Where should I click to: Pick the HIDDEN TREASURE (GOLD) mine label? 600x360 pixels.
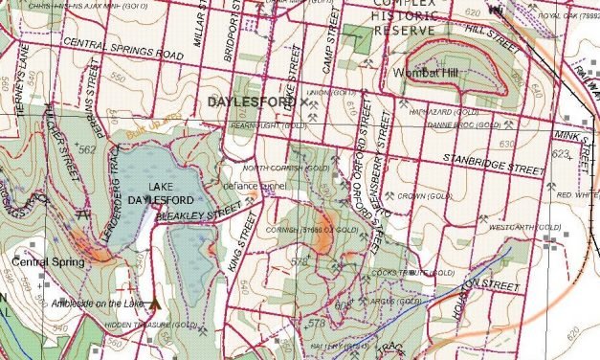pos(150,326)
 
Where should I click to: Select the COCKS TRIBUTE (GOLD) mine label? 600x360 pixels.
pos(418,273)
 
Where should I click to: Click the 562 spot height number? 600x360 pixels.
pos(88,150)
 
